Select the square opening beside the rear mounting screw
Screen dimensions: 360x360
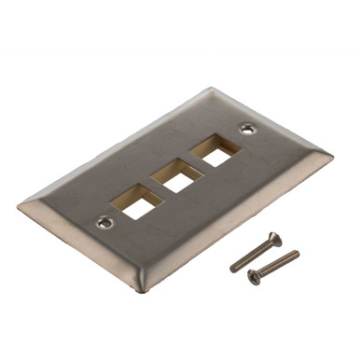(216, 151)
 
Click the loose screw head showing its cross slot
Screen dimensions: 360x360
(253, 275)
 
